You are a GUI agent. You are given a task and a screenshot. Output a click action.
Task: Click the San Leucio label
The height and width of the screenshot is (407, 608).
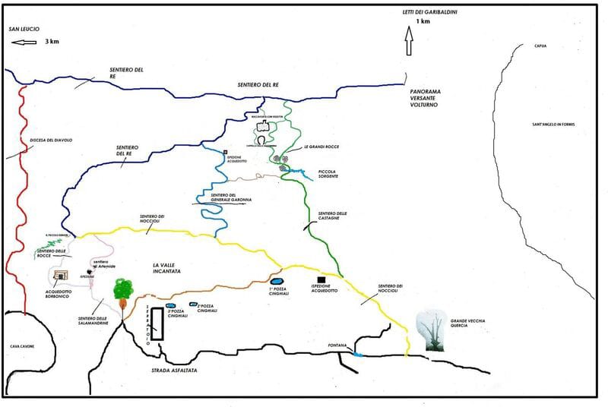[x=24, y=28]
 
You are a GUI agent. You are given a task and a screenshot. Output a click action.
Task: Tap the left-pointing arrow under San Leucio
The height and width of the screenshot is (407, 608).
[x=24, y=43]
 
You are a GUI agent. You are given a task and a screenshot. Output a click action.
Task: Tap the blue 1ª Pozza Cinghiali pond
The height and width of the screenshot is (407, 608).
[x=277, y=282]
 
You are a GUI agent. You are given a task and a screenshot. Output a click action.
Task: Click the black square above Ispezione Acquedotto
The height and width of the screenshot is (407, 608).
[x=321, y=279]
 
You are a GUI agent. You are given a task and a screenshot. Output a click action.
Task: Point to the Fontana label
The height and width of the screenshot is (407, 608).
[x=337, y=345]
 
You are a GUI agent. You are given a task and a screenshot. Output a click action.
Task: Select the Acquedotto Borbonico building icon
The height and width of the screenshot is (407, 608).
[x=62, y=275]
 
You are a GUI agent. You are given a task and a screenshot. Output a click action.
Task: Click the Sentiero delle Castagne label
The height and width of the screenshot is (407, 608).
[x=332, y=216]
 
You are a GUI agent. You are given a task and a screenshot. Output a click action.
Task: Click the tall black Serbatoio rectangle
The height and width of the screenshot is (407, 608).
[x=157, y=323]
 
